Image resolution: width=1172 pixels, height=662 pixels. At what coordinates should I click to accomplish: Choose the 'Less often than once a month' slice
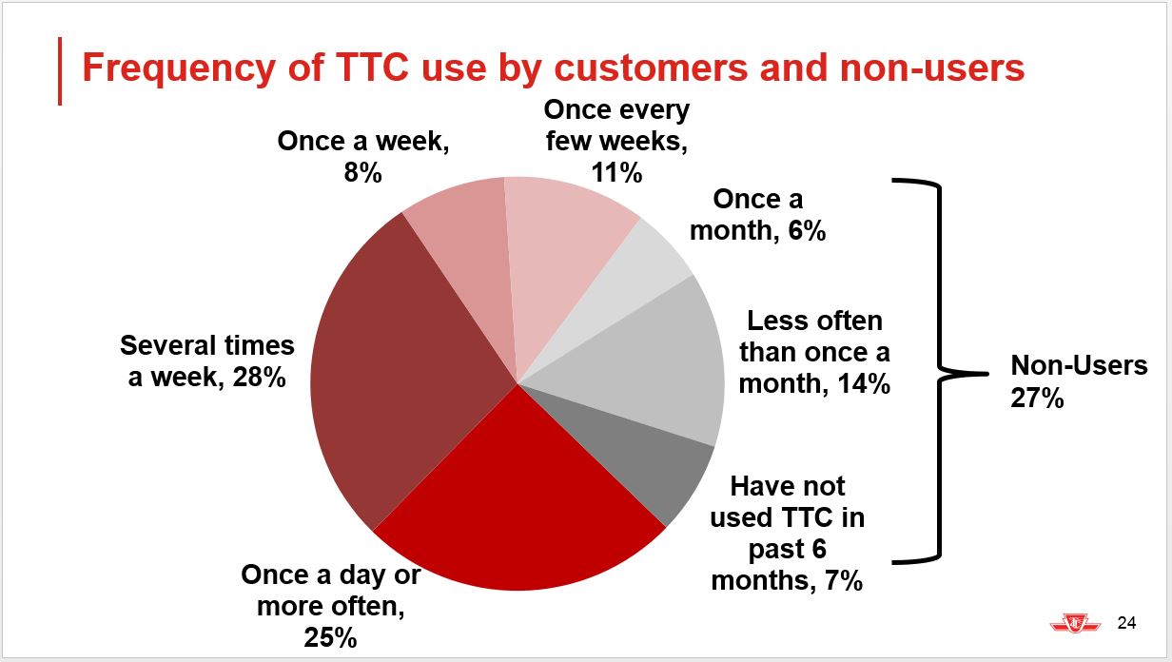coord(643,366)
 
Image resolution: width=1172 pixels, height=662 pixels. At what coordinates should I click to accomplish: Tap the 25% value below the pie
coord(330,637)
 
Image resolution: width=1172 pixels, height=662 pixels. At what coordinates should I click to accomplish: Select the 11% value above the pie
coord(616,173)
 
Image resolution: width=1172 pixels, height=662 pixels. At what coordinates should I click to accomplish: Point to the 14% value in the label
coord(864,383)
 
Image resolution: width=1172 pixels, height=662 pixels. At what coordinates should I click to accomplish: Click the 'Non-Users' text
coord(1079,365)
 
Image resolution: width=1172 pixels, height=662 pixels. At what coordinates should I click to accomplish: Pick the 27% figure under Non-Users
coord(1037,399)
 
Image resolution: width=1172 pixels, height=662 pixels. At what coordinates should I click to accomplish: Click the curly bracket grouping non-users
coord(940,372)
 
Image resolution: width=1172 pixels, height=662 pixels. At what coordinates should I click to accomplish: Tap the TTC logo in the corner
coord(1075,623)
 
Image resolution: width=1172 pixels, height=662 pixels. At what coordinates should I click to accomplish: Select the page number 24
coord(1126,623)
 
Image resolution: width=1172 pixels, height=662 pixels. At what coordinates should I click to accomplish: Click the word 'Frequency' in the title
coord(178,69)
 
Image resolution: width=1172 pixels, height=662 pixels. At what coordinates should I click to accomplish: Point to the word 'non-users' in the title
coord(932,68)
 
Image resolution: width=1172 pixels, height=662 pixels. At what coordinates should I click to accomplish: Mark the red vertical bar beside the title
coord(60,71)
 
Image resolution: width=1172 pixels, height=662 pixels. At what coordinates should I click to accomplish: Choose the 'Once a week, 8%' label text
coord(363,157)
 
